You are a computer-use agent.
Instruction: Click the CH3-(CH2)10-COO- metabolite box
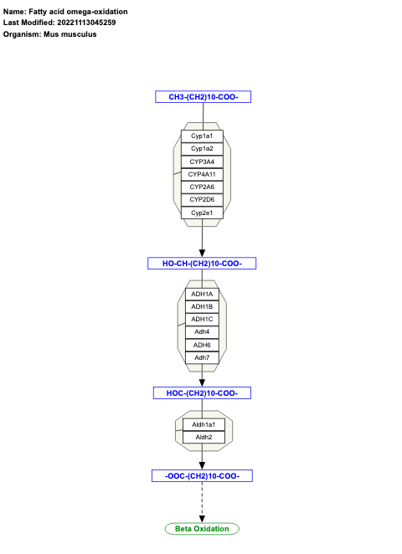tap(203, 97)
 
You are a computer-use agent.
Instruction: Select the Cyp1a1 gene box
tap(202, 136)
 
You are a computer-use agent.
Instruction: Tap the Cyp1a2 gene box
tap(202, 148)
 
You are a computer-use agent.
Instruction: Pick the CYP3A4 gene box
tap(202, 162)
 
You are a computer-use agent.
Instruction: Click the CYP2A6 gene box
tap(202, 187)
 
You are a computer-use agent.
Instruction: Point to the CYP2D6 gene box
tap(202, 200)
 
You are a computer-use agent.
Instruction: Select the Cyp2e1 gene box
tap(202, 213)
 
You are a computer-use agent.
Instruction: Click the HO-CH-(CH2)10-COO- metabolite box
tap(202, 264)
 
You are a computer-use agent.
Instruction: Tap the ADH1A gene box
tap(202, 295)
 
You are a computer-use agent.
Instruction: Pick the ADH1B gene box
tap(202, 307)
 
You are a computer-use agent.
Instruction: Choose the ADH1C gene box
tap(202, 320)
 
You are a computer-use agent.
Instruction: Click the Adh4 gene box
tap(202, 332)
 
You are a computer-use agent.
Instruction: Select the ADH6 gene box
tap(202, 345)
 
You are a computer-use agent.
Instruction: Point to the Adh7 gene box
tap(202, 358)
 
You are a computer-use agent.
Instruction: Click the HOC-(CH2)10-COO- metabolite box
tap(202, 392)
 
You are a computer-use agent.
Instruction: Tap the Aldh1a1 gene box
tap(204, 425)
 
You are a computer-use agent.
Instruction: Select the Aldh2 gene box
tap(204, 438)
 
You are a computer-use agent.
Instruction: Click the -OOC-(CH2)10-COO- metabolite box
tap(202, 476)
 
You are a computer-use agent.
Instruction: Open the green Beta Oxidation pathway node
tap(202, 529)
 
